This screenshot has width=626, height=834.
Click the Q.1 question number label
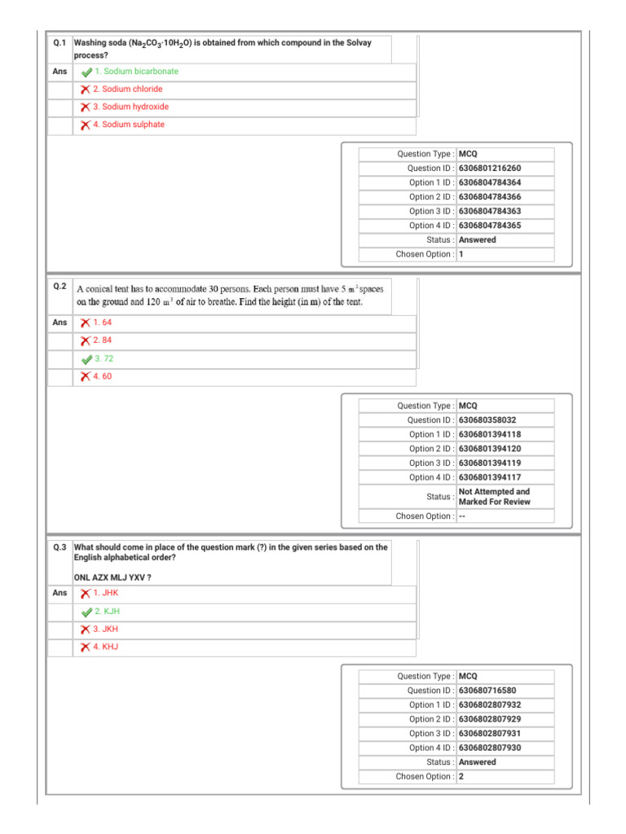(60, 42)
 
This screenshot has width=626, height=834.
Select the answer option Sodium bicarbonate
(135, 72)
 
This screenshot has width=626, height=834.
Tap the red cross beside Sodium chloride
(85, 90)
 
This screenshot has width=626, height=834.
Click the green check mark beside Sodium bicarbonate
(86, 72)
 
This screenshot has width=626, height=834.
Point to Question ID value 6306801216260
(490, 169)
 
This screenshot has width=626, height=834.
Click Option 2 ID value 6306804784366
(490, 197)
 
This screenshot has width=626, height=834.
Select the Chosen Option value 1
(461, 254)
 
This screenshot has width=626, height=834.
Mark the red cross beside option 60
(85, 376)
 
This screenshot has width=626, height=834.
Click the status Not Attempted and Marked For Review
(494, 497)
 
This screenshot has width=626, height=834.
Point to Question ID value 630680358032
(487, 420)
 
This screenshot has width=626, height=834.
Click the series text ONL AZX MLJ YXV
(112, 577)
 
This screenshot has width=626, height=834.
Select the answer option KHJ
(106, 647)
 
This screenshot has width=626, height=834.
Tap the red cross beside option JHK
(85, 593)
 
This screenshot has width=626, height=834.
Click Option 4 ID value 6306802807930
(490, 748)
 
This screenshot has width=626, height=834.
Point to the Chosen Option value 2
(461, 777)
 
